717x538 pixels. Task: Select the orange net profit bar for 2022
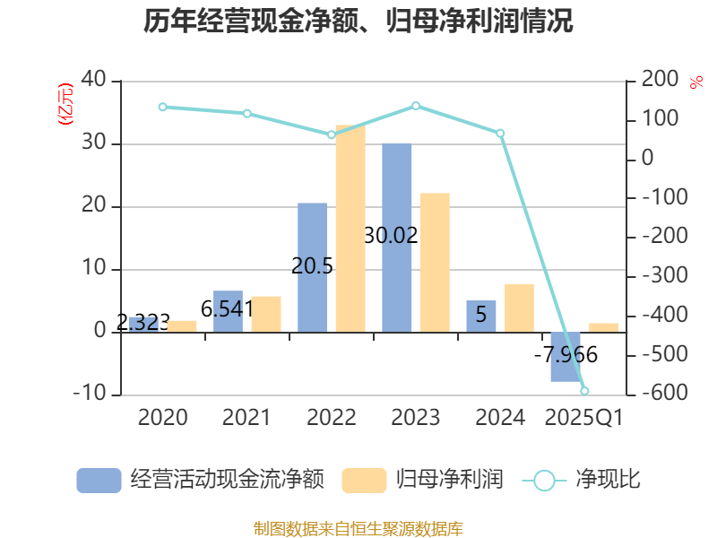(350, 229)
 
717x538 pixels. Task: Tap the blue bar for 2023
(397, 238)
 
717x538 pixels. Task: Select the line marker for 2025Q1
(584, 391)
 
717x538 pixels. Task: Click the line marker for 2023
(416, 106)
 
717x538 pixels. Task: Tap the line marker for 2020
(162, 107)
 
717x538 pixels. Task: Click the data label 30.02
(392, 236)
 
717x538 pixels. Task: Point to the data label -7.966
(566, 355)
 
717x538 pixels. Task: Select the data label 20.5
(313, 265)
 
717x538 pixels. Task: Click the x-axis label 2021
(246, 418)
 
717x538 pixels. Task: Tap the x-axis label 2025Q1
(583, 418)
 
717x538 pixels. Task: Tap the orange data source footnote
(358, 528)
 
